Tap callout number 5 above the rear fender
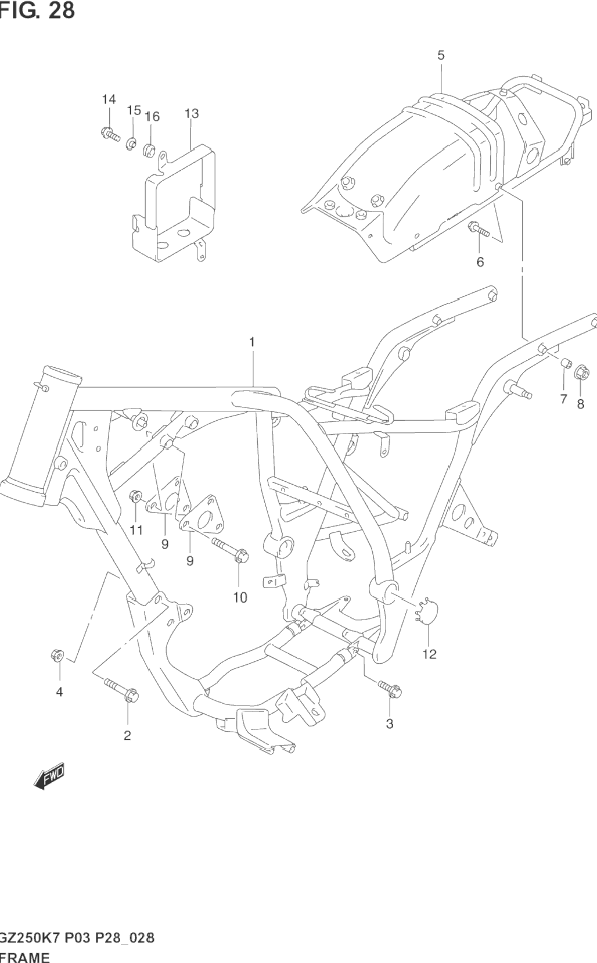[441, 55]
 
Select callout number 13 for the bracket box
[192, 113]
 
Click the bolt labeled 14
[109, 134]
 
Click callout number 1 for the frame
[252, 342]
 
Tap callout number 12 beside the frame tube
[429, 654]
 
